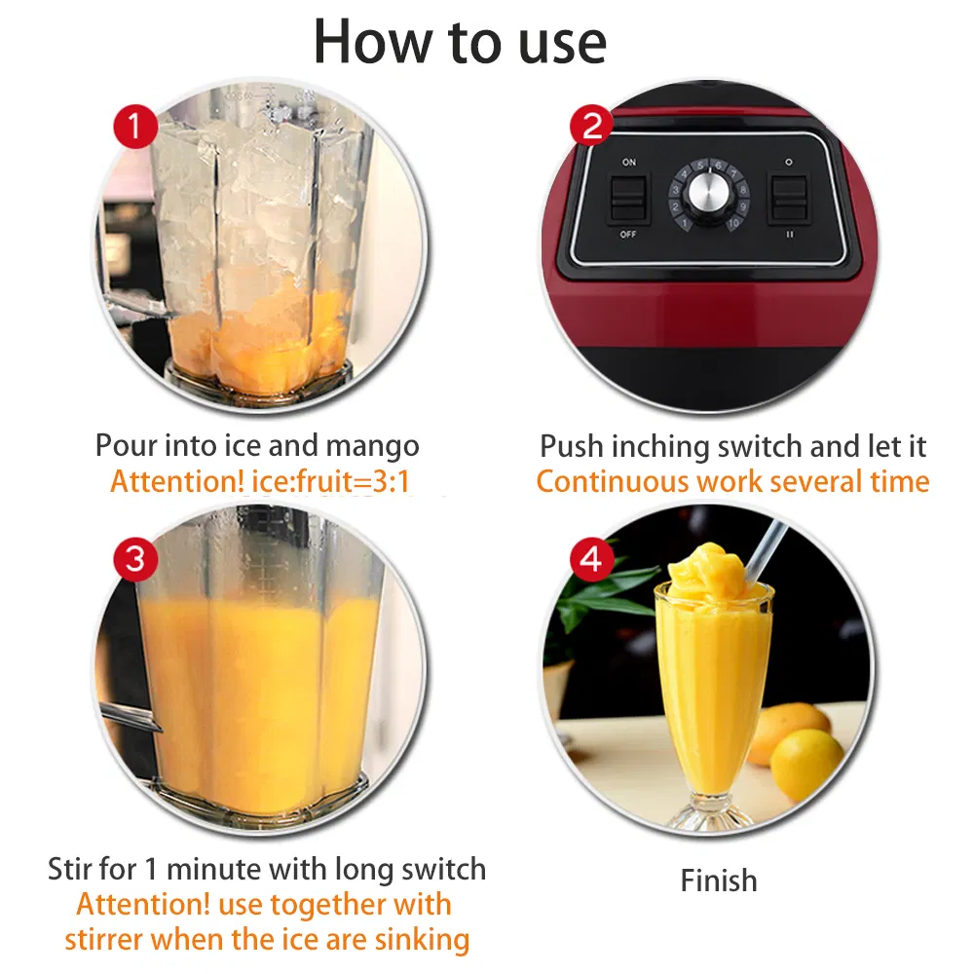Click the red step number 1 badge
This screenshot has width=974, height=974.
point(134,126)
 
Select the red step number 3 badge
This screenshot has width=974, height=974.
point(134,558)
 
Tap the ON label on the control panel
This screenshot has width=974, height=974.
point(628,163)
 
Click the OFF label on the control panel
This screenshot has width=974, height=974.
point(628,235)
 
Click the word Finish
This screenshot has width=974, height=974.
point(719,880)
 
